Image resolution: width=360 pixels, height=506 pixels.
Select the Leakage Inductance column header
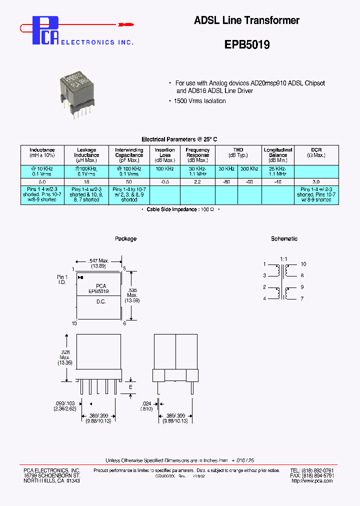[86, 155]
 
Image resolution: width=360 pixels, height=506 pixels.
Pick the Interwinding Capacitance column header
[129, 155]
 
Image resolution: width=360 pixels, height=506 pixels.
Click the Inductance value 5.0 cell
[42, 182]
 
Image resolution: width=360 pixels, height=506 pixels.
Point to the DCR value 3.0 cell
[316, 182]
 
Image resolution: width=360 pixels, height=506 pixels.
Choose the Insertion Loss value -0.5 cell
[164, 182]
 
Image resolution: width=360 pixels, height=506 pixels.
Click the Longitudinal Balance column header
[278, 155]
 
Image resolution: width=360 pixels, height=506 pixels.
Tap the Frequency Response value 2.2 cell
[197, 182]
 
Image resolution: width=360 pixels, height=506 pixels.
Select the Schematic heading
[284, 239]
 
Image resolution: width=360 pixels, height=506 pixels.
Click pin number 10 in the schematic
[303, 264]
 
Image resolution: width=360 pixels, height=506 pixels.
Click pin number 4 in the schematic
[264, 298]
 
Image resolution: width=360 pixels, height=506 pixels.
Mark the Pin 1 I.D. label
[62, 279]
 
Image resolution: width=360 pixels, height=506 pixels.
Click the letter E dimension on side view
[130, 387]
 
